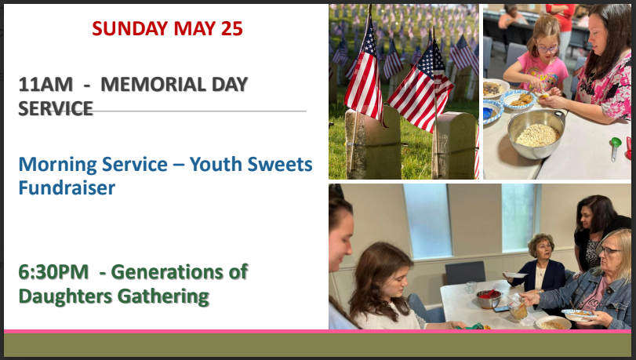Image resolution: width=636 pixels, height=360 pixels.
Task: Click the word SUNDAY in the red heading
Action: [130, 28]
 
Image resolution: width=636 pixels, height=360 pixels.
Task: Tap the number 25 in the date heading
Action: [232, 28]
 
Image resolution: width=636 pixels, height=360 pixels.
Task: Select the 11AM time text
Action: [45, 85]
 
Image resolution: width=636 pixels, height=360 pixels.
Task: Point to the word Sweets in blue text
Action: [279, 164]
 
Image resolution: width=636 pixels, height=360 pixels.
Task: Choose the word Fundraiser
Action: [67, 188]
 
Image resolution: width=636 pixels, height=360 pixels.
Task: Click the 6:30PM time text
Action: [53, 272]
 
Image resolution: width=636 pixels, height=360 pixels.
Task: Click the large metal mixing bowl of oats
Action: [536, 133]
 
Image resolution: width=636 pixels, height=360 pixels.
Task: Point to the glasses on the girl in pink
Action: [547, 49]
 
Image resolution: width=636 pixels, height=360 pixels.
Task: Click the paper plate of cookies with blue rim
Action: [518, 100]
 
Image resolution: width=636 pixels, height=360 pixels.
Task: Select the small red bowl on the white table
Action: [489, 298]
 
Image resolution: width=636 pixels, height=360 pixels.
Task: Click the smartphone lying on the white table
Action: [501, 309]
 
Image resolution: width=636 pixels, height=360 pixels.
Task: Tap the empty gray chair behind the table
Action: [465, 272]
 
